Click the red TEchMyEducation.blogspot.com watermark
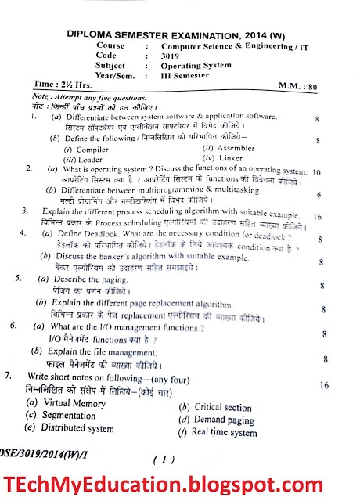(x=179, y=480)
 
